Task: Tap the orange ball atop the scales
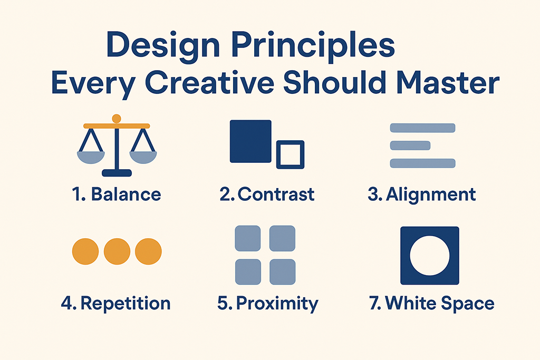click(x=117, y=118)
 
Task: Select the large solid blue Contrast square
click(x=250, y=141)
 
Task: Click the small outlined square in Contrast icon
click(x=291, y=154)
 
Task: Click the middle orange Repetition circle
click(x=117, y=251)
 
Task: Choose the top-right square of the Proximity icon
click(x=282, y=238)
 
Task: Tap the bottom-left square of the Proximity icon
click(x=247, y=272)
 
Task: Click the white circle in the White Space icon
click(x=429, y=256)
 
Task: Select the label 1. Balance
click(x=117, y=194)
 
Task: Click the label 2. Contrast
click(x=267, y=194)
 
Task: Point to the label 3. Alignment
click(x=422, y=194)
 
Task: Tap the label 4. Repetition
click(x=117, y=304)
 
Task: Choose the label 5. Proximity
click(x=268, y=304)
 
